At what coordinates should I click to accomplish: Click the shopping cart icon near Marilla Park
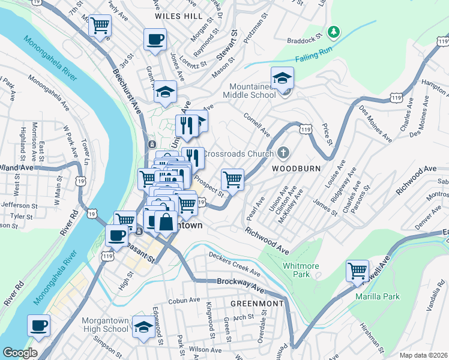pos(358,271)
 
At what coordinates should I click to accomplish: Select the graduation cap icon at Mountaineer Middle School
pos(282,77)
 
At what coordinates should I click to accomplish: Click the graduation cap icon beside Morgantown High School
pos(143,326)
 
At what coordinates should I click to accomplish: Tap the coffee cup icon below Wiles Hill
pos(155,40)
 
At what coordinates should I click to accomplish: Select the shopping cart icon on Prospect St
pos(232,178)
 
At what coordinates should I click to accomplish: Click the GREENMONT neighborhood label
pos(257,304)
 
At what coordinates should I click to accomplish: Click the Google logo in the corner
pos(20,353)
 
